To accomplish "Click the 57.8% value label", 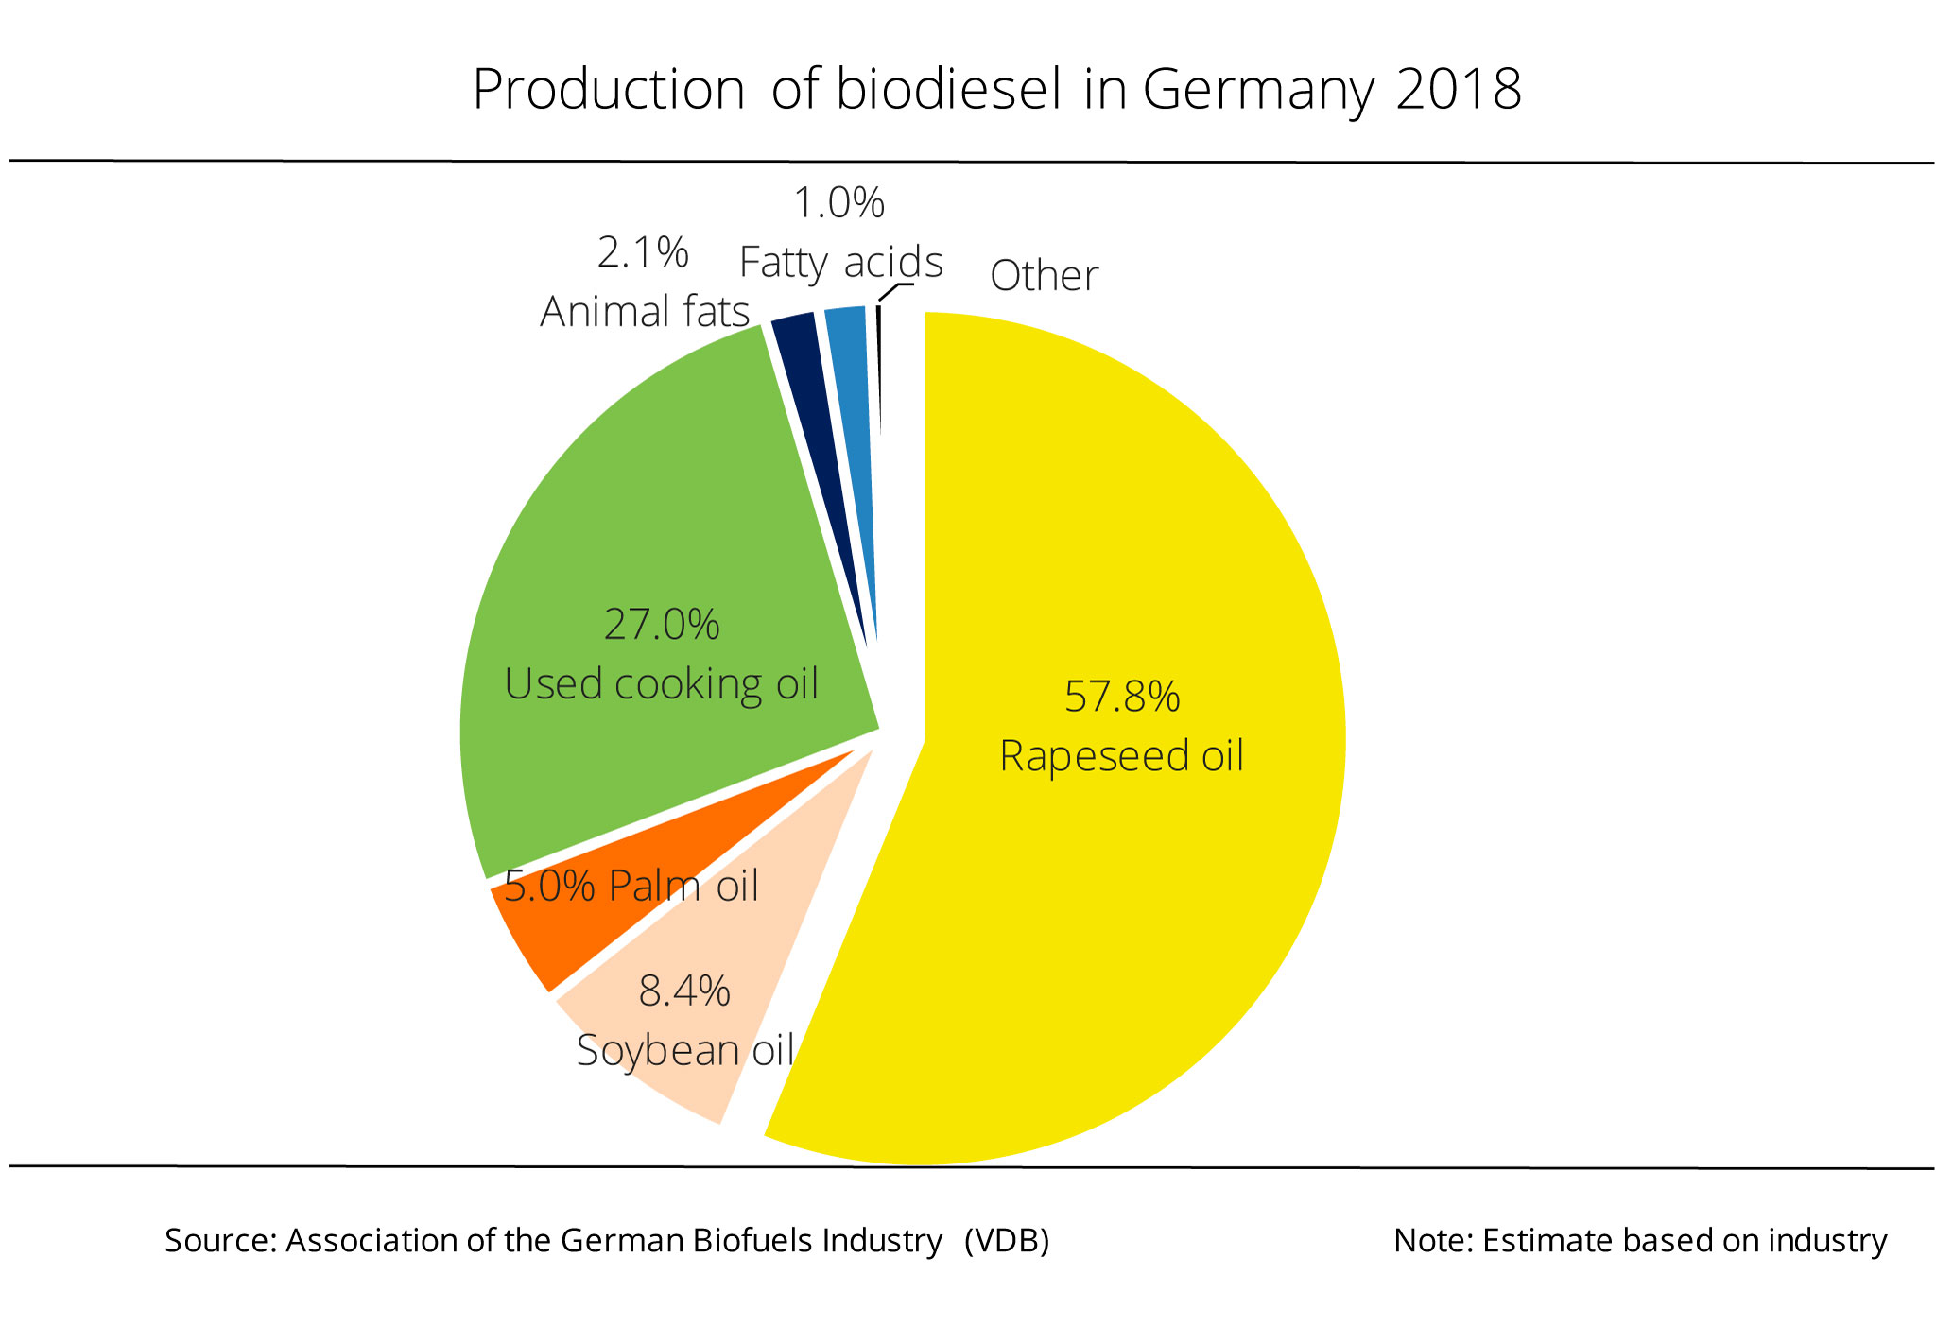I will click(x=1122, y=697).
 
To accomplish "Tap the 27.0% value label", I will click(x=662, y=625).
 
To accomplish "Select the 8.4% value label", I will click(x=684, y=991).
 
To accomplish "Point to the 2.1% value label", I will click(x=643, y=252).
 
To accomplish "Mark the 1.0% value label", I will click(x=838, y=203).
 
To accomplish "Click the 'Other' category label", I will click(x=1044, y=276).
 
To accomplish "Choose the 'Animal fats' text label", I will click(x=645, y=311).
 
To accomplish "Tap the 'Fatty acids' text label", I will click(x=840, y=262).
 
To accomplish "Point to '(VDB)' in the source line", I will click(x=1007, y=1240).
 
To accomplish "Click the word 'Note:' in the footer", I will click(x=1433, y=1240).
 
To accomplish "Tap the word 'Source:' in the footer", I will click(x=221, y=1240).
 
